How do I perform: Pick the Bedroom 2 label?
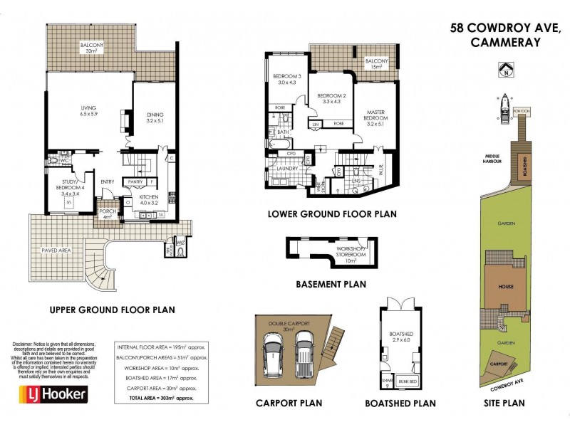pos(331,99)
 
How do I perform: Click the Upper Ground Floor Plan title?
pos(112,310)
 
